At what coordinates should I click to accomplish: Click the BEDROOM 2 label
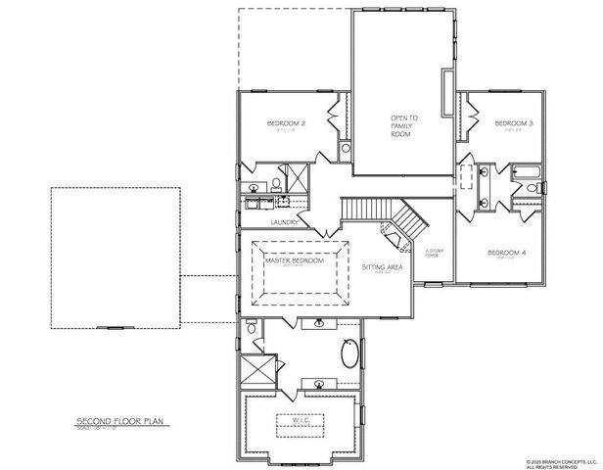tap(287, 123)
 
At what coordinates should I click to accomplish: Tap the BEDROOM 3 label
tap(513, 123)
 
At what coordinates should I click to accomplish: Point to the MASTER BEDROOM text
tap(294, 261)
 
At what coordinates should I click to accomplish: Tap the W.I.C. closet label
tap(298, 420)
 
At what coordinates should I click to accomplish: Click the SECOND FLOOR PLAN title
tap(118, 422)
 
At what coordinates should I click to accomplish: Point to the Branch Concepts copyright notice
tap(561, 461)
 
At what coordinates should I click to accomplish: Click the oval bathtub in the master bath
tap(351, 353)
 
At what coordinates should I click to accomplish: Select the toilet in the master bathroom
tap(253, 331)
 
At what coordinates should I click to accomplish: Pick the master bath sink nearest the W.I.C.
tap(319, 383)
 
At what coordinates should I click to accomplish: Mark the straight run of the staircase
tap(361, 208)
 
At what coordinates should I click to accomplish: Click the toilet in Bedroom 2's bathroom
tap(277, 184)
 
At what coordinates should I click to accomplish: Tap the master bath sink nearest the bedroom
tap(319, 323)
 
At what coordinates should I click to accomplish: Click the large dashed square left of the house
tap(116, 258)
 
